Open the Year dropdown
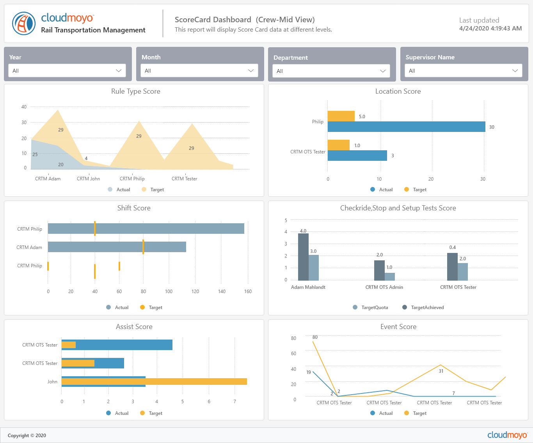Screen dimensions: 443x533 pyautogui.click(x=67, y=71)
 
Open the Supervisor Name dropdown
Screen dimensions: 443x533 pyautogui.click(x=463, y=71)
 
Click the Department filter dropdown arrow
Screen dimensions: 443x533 pyautogui.click(x=383, y=71)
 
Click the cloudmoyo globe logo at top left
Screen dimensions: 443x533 pyautogui.click(x=24, y=23)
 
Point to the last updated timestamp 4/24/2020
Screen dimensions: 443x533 pyautogui.click(x=490, y=28)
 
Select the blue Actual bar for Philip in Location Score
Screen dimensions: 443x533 pyautogui.click(x=406, y=127)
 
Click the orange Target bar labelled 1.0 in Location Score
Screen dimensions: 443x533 pyautogui.click(x=338, y=145)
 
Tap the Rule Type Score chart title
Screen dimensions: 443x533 pyautogui.click(x=135, y=91)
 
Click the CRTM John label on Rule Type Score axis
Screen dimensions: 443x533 pyautogui.click(x=88, y=179)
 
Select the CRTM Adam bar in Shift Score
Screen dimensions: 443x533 pyautogui.click(x=117, y=247)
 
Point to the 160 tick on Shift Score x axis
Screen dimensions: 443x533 pyautogui.click(x=248, y=292)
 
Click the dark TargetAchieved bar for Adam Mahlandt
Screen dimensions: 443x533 pyautogui.click(x=303, y=257)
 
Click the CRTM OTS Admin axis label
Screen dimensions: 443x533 pyautogui.click(x=384, y=287)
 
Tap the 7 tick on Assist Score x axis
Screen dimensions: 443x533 pyautogui.click(x=235, y=402)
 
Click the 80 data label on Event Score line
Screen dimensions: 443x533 pyautogui.click(x=315, y=337)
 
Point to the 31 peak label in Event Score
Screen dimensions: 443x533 pyautogui.click(x=441, y=371)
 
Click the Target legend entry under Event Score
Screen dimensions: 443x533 pyautogui.click(x=416, y=413)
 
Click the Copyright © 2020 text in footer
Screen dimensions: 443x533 pyautogui.click(x=27, y=436)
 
